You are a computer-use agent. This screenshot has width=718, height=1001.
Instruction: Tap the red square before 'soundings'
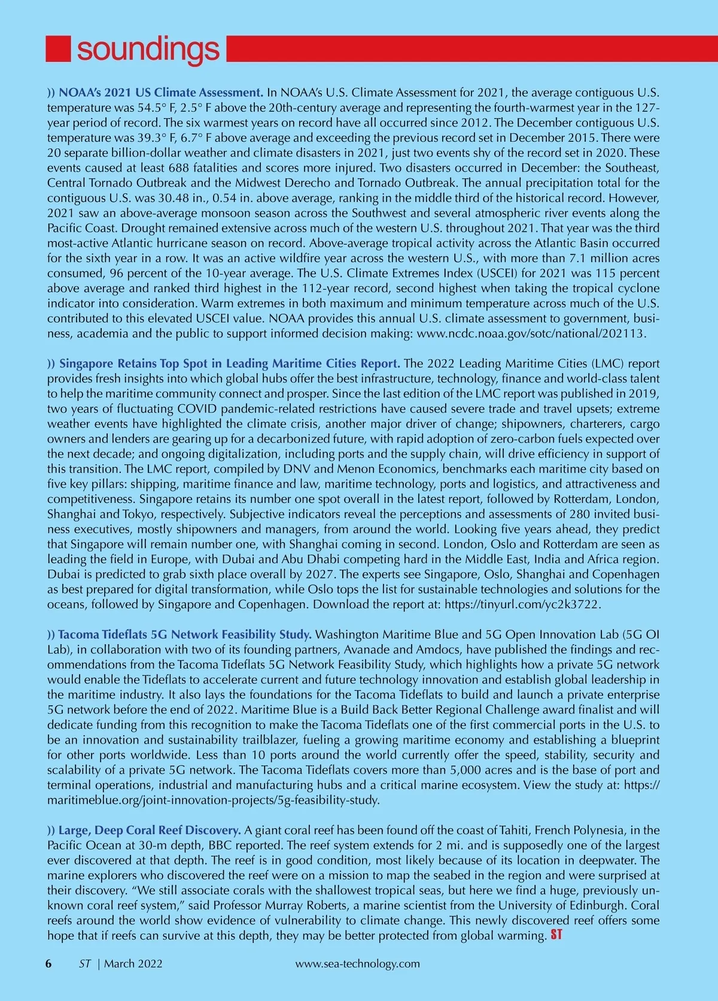tap(57, 49)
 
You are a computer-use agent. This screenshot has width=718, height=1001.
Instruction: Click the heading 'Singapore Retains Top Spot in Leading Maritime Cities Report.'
tap(230, 363)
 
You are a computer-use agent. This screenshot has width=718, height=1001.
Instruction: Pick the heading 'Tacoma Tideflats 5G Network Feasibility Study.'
tap(185, 634)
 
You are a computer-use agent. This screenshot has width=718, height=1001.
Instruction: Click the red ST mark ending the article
tap(555, 935)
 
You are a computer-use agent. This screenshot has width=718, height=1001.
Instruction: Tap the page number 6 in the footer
tap(49, 963)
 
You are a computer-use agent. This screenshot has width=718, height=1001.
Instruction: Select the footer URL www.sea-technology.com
tap(357, 963)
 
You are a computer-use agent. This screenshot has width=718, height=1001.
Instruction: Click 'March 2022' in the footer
tap(133, 963)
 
